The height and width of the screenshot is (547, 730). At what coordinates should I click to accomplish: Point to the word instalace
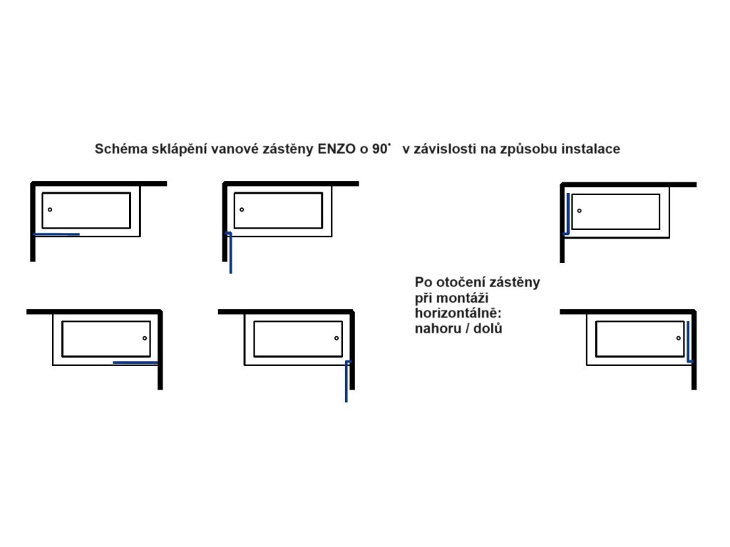pos(590,150)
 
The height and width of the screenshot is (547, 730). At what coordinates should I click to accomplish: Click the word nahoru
pos(437,329)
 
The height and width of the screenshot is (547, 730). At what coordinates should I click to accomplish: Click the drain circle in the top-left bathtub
pos(50,209)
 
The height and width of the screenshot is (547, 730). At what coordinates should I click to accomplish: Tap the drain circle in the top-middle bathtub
pos(242,209)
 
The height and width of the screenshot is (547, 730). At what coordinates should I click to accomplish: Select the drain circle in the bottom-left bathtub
pos(145,338)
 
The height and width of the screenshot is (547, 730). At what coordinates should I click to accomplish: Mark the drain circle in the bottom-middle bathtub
pos(336,338)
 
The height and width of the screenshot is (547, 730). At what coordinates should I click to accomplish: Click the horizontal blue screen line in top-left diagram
pos(56,234)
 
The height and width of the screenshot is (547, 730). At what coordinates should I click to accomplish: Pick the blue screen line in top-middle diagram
pos(230,253)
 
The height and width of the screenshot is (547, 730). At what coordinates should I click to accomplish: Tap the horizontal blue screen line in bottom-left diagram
pos(135,363)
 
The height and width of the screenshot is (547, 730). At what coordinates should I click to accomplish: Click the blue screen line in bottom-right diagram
pos(689,342)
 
